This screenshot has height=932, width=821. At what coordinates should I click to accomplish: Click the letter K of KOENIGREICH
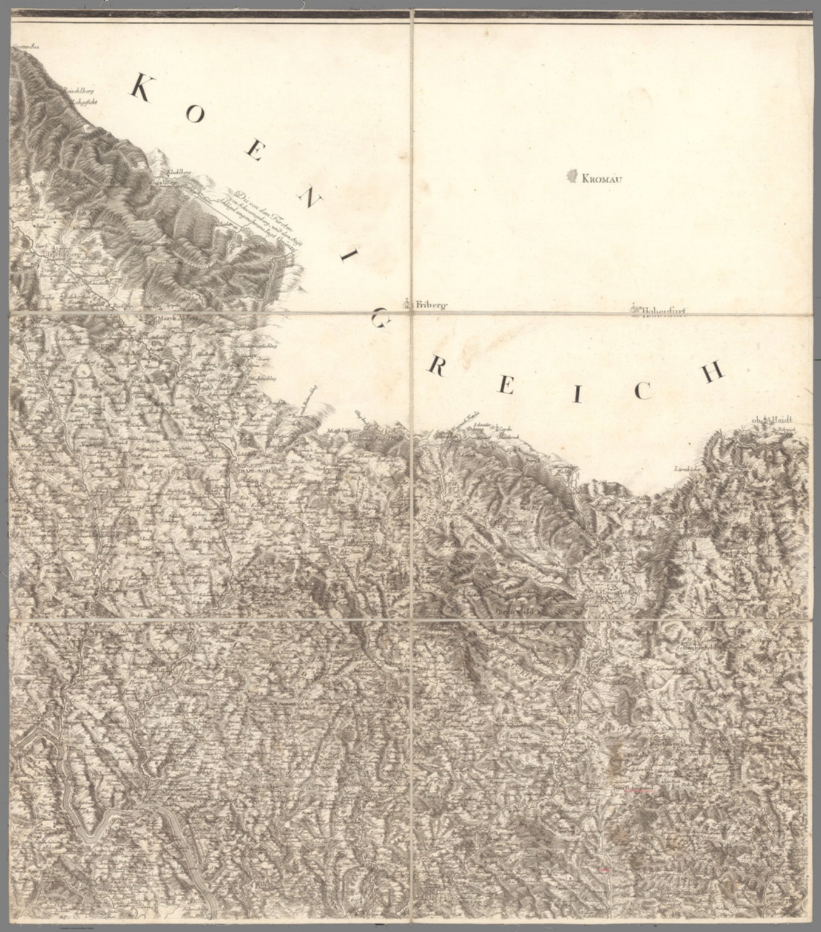pyautogui.click(x=141, y=88)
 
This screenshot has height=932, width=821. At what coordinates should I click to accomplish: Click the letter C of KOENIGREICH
pyautogui.click(x=642, y=391)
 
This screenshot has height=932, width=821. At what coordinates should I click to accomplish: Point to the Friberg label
pyautogui.click(x=431, y=305)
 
